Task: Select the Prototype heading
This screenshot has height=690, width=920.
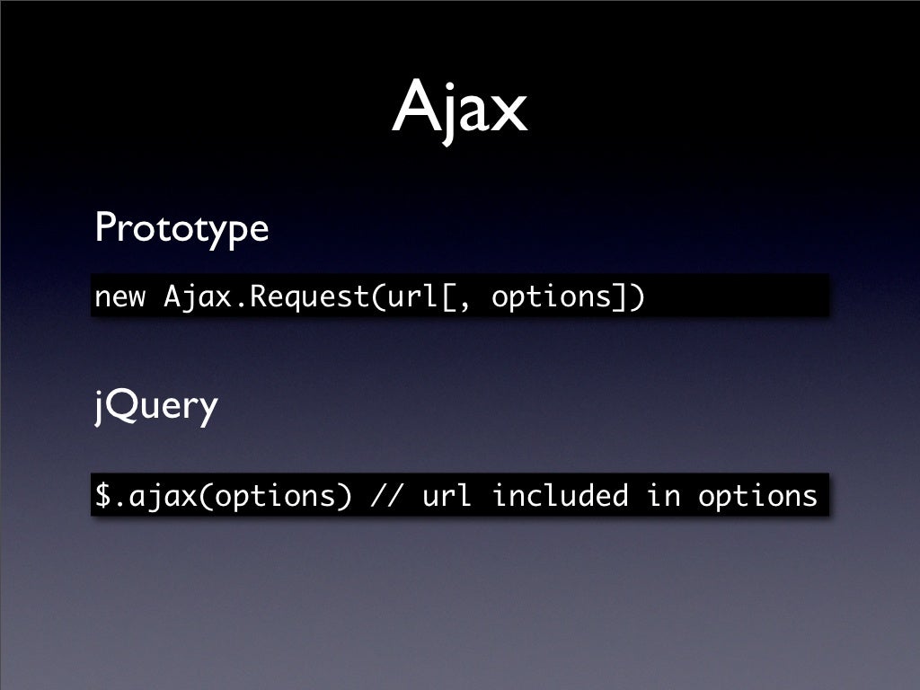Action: pos(181,228)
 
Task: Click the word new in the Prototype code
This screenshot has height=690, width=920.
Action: pos(119,296)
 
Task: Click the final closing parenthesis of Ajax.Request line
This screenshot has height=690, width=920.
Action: pos(637,296)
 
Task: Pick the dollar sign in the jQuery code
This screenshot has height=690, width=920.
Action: pos(103,495)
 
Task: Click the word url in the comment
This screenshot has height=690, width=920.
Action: pos(447,495)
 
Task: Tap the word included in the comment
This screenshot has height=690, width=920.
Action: pos(559,495)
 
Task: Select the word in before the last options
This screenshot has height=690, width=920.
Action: pos(663,495)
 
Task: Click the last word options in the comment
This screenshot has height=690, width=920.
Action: pos(756,495)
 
